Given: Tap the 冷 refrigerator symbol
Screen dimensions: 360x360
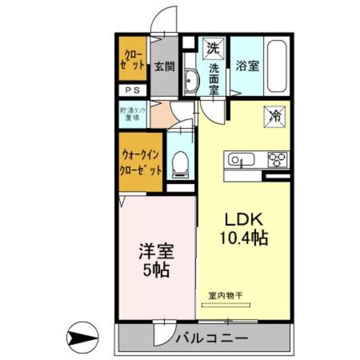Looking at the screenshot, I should point(276,117).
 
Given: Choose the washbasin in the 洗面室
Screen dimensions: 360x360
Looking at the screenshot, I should point(189,82).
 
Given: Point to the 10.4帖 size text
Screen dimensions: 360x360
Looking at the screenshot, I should point(243,237).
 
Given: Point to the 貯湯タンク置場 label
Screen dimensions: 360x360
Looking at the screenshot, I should point(133,114).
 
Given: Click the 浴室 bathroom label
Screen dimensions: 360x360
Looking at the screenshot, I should point(248,66).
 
